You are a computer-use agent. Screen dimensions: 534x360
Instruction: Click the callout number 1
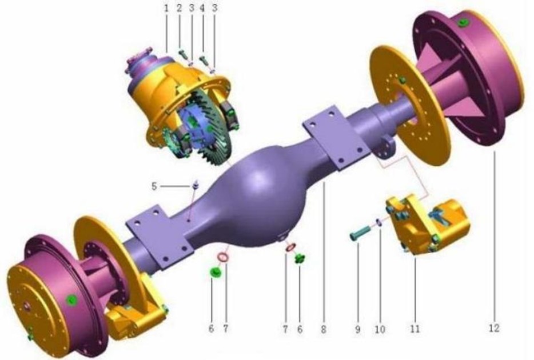point(166,9)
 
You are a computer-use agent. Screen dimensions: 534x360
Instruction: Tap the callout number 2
point(180,9)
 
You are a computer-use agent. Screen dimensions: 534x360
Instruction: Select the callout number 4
point(202,9)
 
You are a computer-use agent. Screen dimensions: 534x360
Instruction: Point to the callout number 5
point(154,186)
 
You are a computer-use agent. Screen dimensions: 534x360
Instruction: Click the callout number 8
point(324,329)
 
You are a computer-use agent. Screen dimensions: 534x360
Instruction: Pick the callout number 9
point(357,329)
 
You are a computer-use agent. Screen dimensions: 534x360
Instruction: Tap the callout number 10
point(380,329)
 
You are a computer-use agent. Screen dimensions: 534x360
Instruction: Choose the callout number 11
point(415,329)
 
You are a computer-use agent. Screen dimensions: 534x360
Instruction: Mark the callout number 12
point(494,328)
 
